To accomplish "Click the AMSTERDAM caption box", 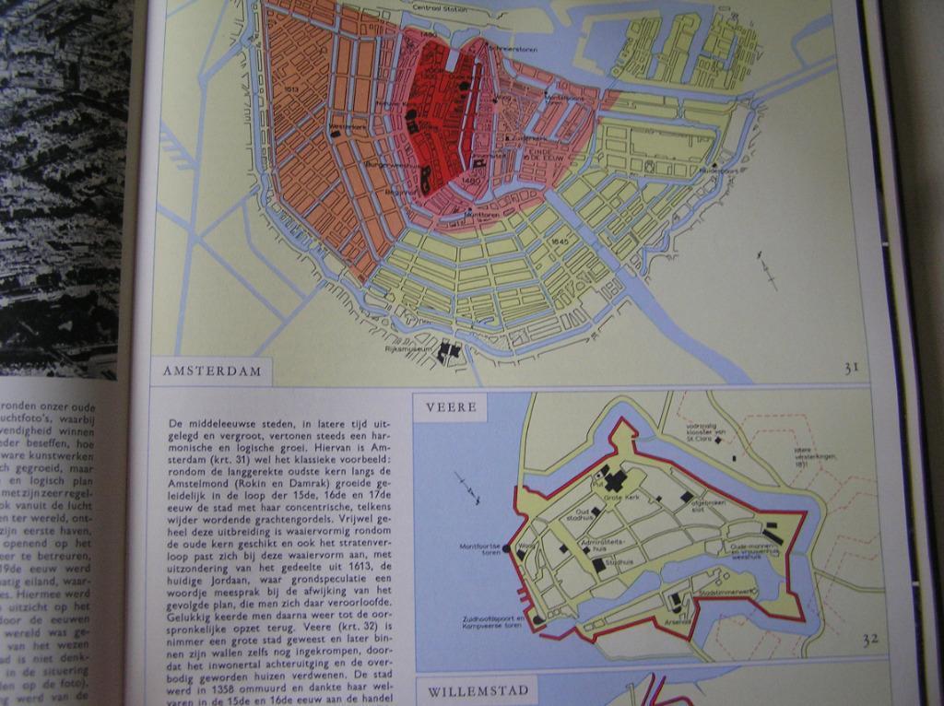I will pos(212,371).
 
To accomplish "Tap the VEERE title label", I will pos(451,407).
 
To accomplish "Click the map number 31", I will pos(850,369).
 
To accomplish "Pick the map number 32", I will pos(870,639).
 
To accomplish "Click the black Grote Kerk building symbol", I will pos(613,480).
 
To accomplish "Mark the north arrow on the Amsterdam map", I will pos(766,269).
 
